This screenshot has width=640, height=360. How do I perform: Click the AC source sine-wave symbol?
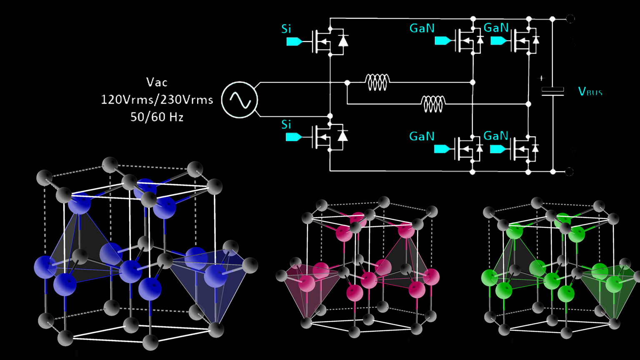(240, 100)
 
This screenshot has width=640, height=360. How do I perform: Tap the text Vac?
(157, 82)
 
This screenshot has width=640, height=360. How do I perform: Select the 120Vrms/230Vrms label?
(157, 100)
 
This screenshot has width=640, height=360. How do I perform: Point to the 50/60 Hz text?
(157, 117)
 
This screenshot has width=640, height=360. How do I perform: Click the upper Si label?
(286, 29)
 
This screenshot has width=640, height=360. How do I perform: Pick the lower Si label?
(286, 125)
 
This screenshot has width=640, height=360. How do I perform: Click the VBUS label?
(590, 92)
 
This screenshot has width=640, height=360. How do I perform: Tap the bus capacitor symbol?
(552, 92)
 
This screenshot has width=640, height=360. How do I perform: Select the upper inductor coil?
(377, 82)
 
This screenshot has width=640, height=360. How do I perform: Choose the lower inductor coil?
(433, 104)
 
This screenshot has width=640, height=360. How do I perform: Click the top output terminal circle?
(570, 19)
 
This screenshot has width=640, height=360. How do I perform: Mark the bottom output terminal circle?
(569, 171)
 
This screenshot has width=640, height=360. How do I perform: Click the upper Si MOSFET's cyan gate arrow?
(294, 42)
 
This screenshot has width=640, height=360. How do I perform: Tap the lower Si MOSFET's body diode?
(342, 136)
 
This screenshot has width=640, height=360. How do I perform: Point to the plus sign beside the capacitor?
(542, 78)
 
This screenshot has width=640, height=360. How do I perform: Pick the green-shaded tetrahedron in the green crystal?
(608, 292)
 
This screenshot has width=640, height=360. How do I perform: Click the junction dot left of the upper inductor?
(347, 83)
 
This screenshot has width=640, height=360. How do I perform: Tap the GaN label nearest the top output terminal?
(496, 28)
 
